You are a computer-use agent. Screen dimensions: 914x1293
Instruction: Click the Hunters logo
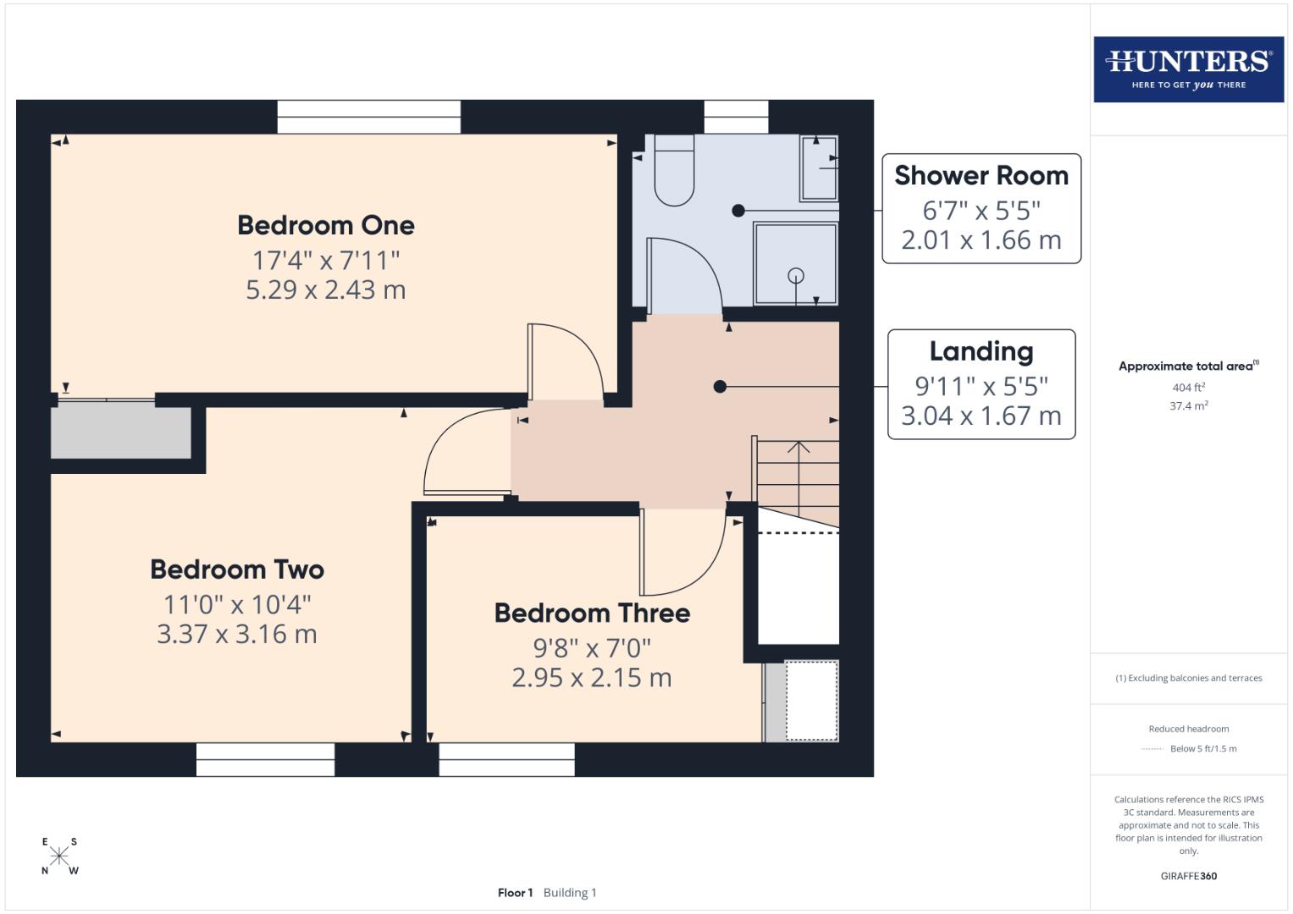click(1188, 69)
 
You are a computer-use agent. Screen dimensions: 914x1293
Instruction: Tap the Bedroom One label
click(326, 225)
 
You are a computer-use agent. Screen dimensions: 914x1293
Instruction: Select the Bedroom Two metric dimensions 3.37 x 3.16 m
click(237, 634)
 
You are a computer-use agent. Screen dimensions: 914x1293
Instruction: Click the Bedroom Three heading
click(592, 613)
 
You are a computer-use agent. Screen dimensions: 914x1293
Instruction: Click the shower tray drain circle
click(795, 275)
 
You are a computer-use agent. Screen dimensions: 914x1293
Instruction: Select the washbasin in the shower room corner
click(819, 168)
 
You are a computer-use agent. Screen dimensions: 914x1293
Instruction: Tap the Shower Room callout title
click(981, 175)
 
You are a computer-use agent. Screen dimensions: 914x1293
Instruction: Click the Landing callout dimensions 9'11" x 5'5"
click(981, 386)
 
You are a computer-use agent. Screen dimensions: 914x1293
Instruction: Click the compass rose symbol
click(59, 856)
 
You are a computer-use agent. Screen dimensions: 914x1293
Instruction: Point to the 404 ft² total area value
click(1188, 388)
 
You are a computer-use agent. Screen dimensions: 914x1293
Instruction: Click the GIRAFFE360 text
click(1188, 876)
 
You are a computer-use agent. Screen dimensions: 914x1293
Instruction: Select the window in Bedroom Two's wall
click(265, 759)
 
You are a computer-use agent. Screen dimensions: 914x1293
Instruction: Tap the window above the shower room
click(736, 117)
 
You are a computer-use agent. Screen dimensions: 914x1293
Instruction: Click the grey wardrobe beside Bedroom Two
click(120, 432)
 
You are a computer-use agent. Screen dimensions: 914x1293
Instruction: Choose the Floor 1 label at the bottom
click(515, 893)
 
